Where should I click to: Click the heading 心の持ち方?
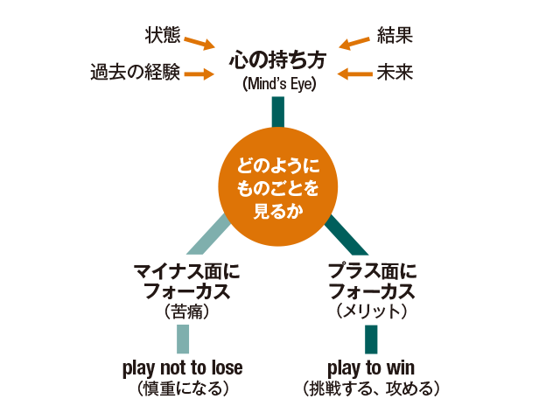pos(279,60)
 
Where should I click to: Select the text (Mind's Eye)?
pos(279,85)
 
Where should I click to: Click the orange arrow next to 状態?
pos(200,42)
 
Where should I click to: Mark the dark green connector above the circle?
pos(279,111)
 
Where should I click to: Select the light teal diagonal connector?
pos(210,235)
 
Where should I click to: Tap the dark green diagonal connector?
pos(346,235)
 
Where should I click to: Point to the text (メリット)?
pos(371,311)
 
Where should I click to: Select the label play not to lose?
pos(183,367)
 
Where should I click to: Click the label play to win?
pos(371,367)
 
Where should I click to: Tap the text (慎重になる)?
pos(183,388)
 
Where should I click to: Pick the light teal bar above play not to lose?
pos(183,339)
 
